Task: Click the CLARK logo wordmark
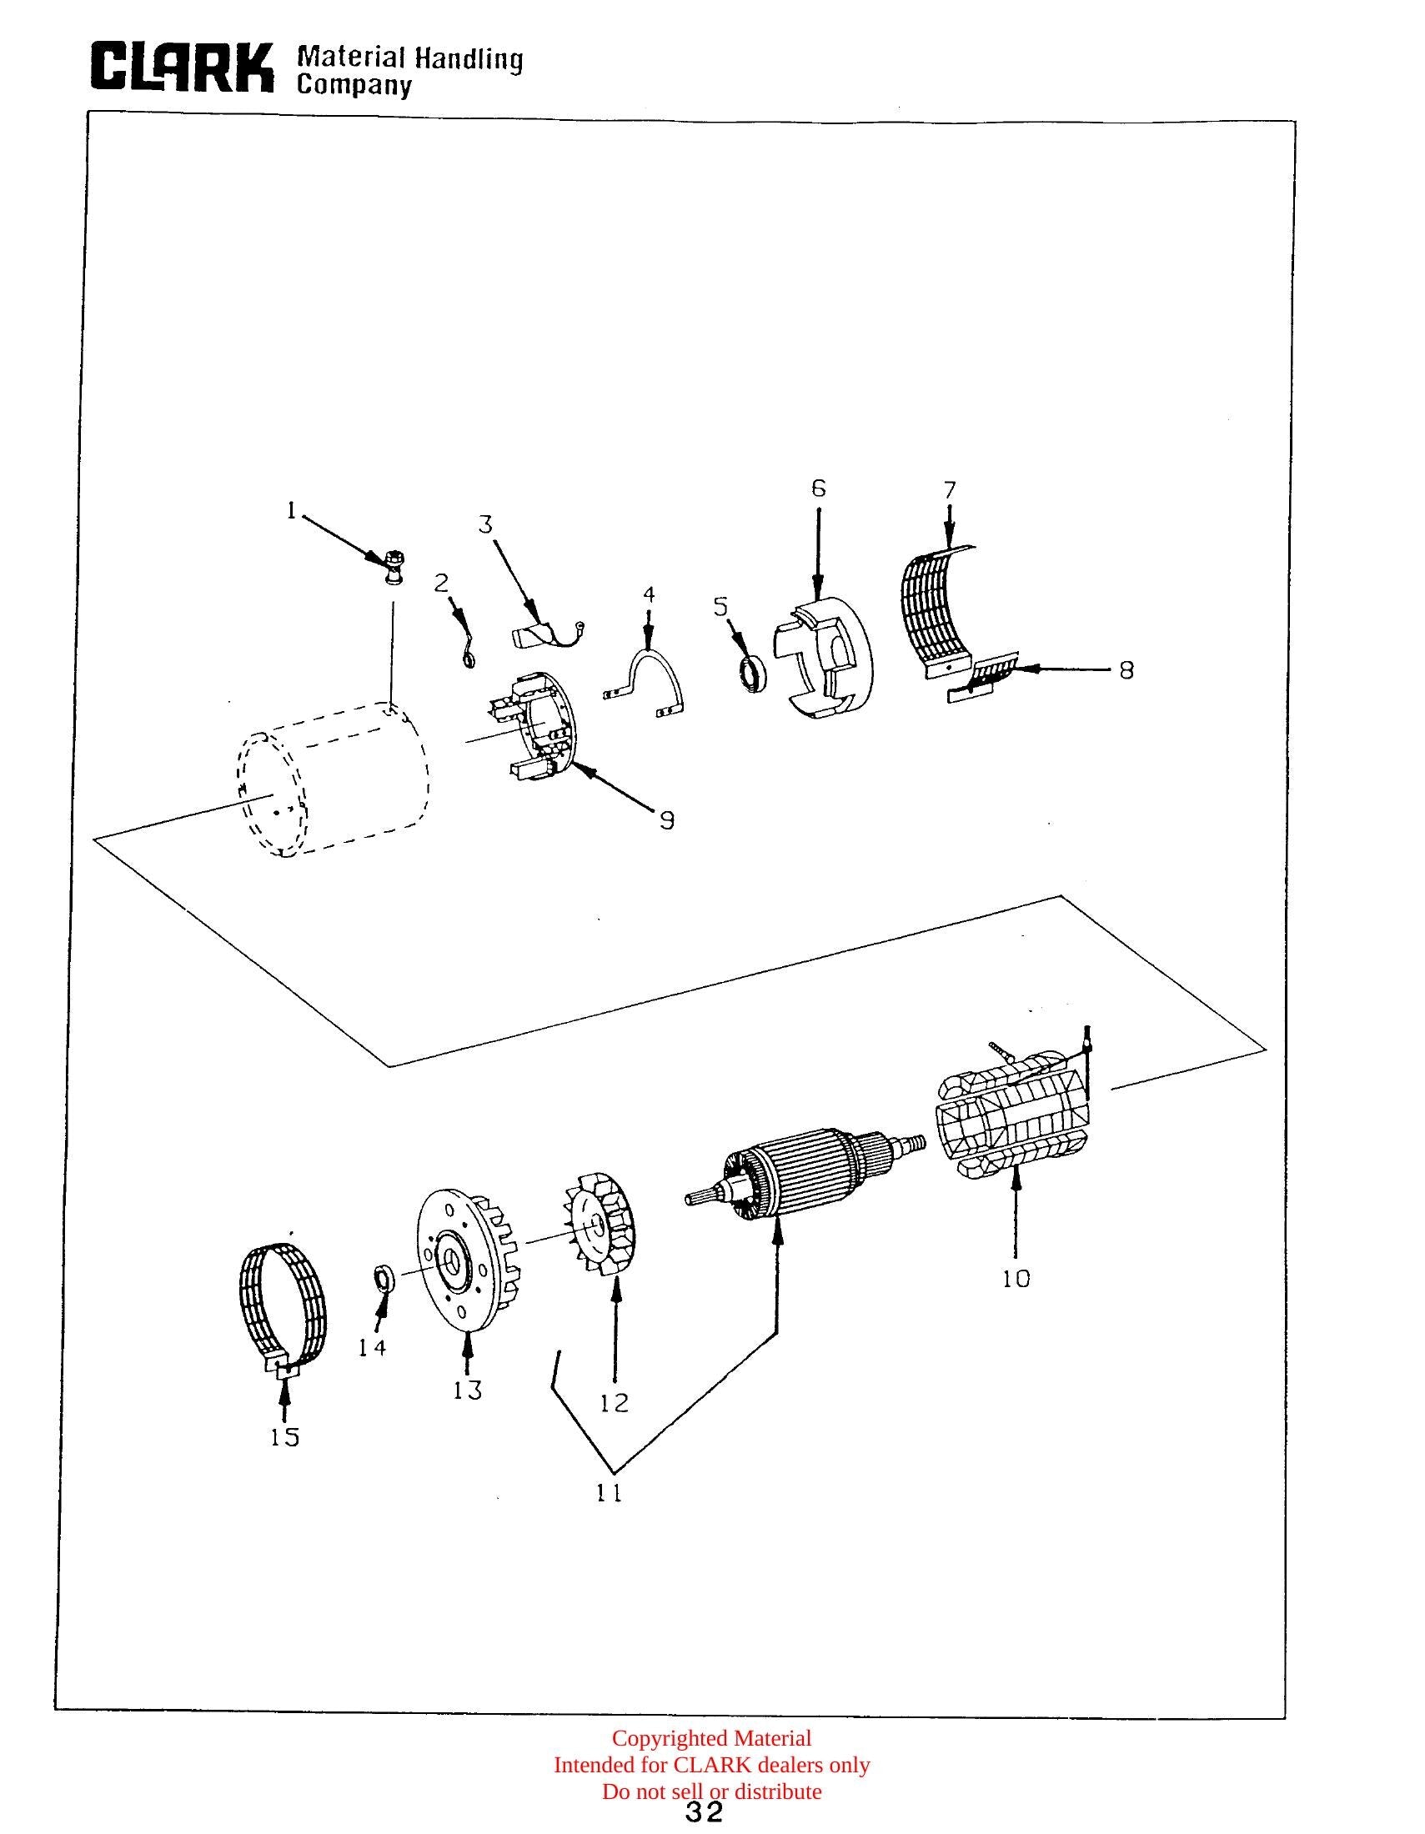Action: tap(183, 67)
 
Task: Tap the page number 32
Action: tap(704, 1811)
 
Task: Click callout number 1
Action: tap(291, 509)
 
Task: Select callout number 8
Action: tap(1126, 669)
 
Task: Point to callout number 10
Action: tap(1016, 1279)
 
